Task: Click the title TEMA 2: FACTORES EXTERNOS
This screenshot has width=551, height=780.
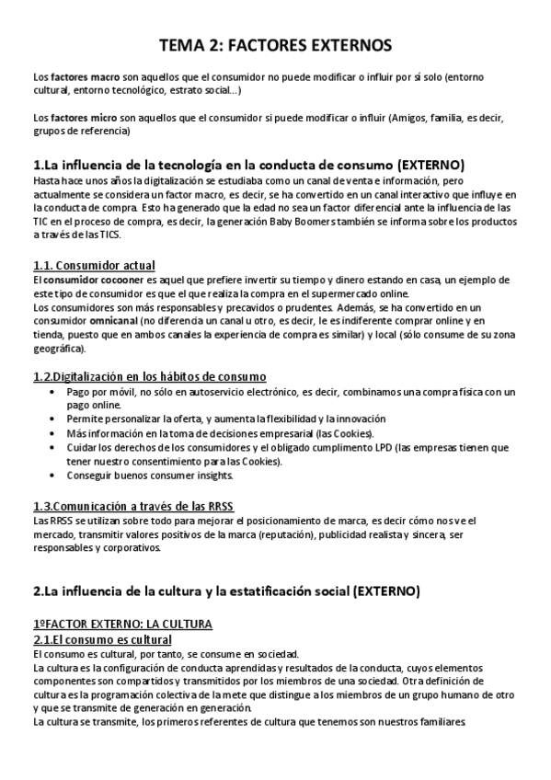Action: (x=275, y=45)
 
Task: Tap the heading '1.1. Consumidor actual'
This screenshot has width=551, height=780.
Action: (x=93, y=266)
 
